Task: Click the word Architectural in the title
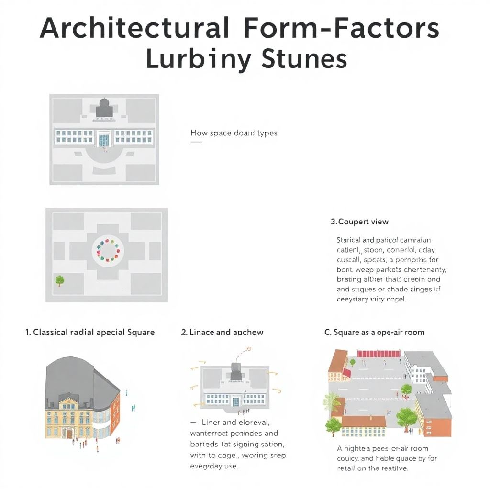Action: tap(134, 29)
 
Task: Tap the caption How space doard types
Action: tap(234, 133)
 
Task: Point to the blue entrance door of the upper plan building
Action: tap(104, 140)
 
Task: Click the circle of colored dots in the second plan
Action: tap(107, 249)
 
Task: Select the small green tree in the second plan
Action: tap(60, 280)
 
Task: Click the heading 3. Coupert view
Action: tap(359, 222)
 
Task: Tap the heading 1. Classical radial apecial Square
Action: tap(90, 332)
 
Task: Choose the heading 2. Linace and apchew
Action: tap(222, 332)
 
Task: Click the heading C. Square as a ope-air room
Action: tap(374, 332)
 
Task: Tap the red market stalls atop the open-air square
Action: tap(379, 354)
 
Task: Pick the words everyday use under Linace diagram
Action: tap(214, 466)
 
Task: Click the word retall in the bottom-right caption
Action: tap(347, 468)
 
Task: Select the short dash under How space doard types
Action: tap(196, 142)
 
